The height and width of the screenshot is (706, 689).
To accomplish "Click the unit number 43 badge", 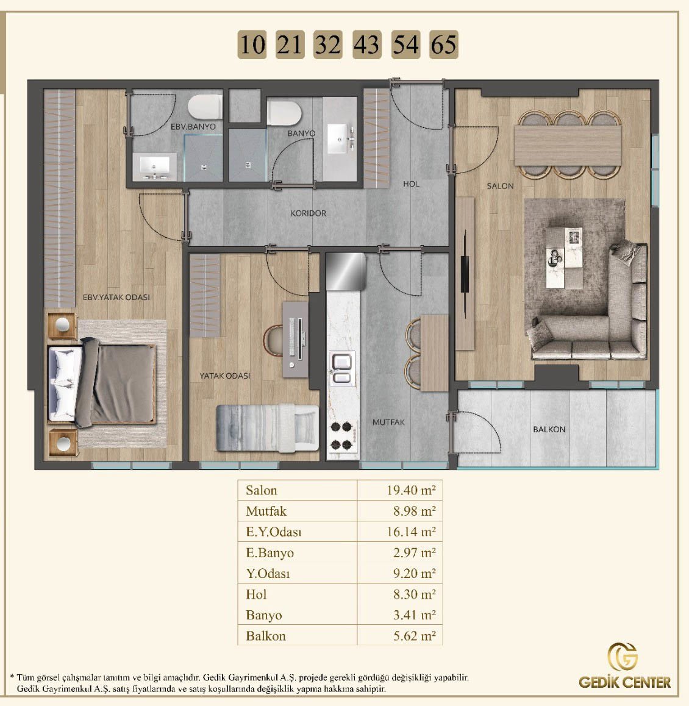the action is [x=367, y=45].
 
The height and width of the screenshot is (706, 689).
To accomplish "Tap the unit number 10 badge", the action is [x=252, y=45].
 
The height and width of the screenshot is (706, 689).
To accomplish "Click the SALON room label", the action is [x=500, y=186].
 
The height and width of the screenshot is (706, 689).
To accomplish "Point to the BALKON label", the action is [x=549, y=430].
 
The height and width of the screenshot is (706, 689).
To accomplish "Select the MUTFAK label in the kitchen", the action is [x=388, y=423].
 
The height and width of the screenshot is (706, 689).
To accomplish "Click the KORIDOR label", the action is [x=308, y=213].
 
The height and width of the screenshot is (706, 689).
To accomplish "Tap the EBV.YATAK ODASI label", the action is [x=116, y=297].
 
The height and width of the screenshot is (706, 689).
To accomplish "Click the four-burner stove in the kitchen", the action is [x=342, y=436].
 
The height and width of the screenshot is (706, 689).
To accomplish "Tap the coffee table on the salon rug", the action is [x=564, y=257].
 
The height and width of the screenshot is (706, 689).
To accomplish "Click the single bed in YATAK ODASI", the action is [x=268, y=428].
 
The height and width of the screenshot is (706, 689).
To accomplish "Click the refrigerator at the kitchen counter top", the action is [x=345, y=271].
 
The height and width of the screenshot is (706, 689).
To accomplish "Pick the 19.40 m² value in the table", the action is [x=411, y=490].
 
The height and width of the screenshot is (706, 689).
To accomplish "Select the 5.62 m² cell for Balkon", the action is [x=414, y=636].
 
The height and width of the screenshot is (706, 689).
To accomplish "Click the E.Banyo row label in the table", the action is [x=270, y=552].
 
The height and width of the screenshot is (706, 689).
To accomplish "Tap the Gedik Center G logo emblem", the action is [x=623, y=657].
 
